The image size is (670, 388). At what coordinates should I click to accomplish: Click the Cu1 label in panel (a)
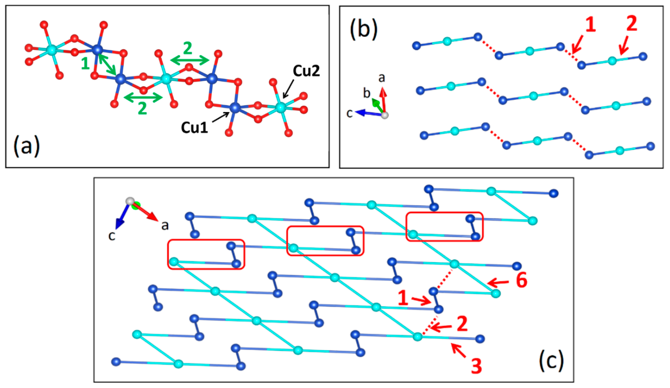point(194,127)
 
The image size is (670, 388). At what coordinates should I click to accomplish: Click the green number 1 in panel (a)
point(85,64)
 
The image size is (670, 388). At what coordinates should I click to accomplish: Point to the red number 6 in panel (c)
point(521,280)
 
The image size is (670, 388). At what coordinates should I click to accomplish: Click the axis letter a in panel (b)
point(382,78)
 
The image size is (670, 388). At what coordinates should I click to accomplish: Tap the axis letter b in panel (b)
point(367,93)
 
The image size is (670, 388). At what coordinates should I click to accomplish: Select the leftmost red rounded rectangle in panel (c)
point(206,254)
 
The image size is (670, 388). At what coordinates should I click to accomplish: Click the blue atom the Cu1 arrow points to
point(235,108)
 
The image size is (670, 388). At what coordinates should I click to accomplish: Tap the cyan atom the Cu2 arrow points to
point(280,108)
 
